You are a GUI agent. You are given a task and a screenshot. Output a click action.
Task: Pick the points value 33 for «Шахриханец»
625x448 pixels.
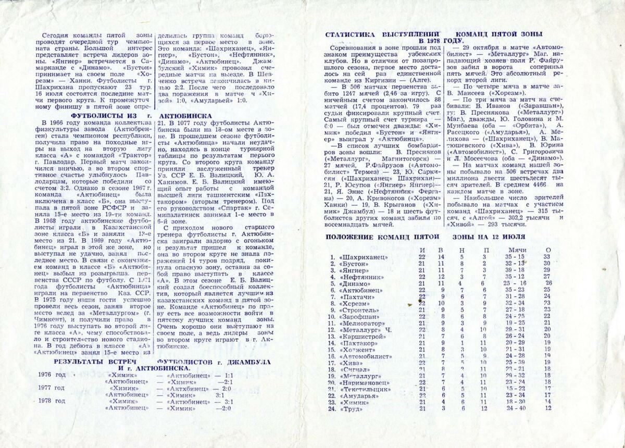click(x=547, y=257)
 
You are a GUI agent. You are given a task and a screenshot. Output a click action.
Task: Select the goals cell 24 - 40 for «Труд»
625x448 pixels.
click(x=516, y=408)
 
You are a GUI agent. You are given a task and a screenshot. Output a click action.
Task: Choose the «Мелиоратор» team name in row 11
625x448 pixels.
click(x=364, y=322)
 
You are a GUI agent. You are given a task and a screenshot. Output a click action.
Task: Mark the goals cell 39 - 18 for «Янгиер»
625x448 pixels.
click(x=514, y=270)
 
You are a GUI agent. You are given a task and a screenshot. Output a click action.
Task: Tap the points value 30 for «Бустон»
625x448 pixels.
click(x=547, y=264)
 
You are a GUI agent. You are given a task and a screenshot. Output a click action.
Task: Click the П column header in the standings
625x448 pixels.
click(x=485, y=250)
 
